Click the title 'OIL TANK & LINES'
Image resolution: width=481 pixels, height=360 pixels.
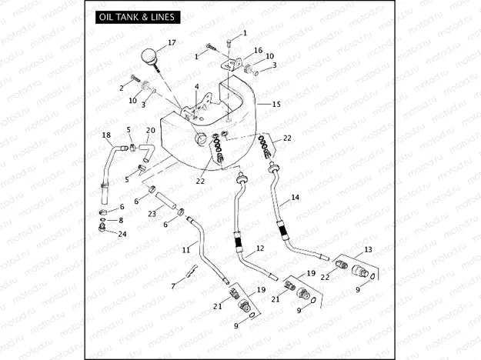pos(135,17)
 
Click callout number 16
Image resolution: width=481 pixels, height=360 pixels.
pos(259,50)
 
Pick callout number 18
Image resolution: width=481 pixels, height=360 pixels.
pos(106,135)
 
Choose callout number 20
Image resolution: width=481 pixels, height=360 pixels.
pos(151,131)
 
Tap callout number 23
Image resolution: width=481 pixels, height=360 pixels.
pos(152,213)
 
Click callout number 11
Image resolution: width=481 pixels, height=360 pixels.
pos(186,250)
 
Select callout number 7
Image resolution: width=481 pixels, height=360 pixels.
pos(174,285)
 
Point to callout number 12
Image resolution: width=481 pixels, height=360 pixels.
pos(260,248)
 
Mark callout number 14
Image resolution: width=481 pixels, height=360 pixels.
pos(294,198)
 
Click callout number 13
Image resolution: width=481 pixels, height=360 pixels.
pos(368,249)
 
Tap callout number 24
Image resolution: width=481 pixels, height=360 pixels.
pos(122,233)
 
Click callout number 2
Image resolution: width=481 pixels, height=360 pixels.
pos(121,88)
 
